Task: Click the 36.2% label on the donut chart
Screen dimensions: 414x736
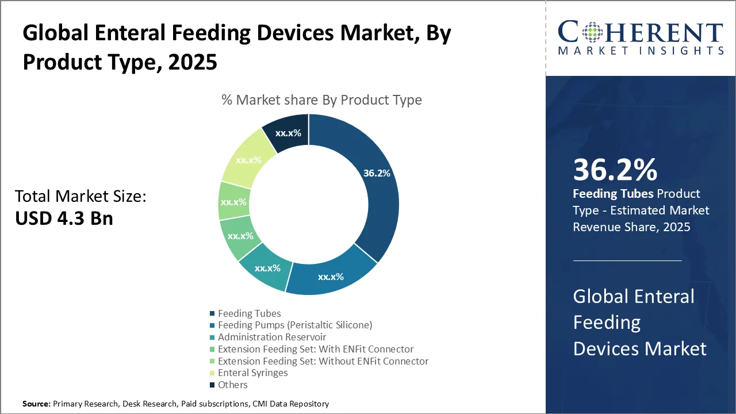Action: (x=377, y=172)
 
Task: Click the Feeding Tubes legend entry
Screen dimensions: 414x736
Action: (x=250, y=313)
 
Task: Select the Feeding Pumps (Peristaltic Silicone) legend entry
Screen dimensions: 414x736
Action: (x=295, y=325)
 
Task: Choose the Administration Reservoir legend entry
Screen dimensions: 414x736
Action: (x=272, y=337)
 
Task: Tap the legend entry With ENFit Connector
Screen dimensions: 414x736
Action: (x=316, y=349)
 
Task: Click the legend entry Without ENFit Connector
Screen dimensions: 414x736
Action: (x=323, y=361)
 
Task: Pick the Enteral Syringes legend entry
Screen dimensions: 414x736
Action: (x=253, y=373)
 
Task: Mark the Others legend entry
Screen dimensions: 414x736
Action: (x=233, y=385)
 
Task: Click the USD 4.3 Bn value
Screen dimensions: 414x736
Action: (x=64, y=218)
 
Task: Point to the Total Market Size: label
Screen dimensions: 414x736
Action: (x=80, y=197)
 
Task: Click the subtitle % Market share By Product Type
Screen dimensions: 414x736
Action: (x=321, y=100)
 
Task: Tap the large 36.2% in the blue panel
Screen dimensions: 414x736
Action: (x=615, y=170)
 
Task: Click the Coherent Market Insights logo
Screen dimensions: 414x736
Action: (x=640, y=38)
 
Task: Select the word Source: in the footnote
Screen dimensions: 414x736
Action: (x=36, y=404)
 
